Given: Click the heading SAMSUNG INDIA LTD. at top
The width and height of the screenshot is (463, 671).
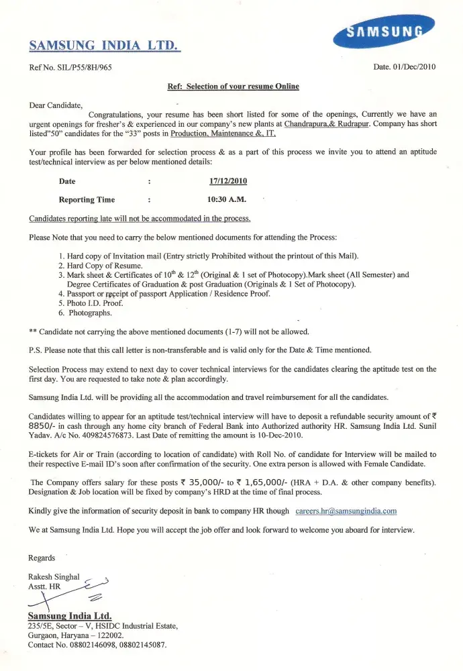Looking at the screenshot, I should click(x=104, y=46).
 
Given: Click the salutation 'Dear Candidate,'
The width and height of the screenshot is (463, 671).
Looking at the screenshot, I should click(x=56, y=105).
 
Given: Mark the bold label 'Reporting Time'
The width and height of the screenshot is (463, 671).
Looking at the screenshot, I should click(x=87, y=199).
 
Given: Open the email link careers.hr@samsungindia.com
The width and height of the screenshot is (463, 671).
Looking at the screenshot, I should click(x=346, y=511).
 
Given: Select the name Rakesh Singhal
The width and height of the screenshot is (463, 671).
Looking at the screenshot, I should click(x=54, y=576).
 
